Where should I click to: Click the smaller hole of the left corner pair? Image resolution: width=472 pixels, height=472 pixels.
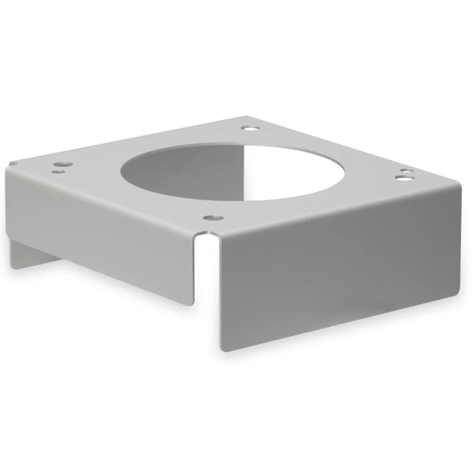coord(58,172)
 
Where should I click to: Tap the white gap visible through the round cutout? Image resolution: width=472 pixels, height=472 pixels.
coord(283,171)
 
